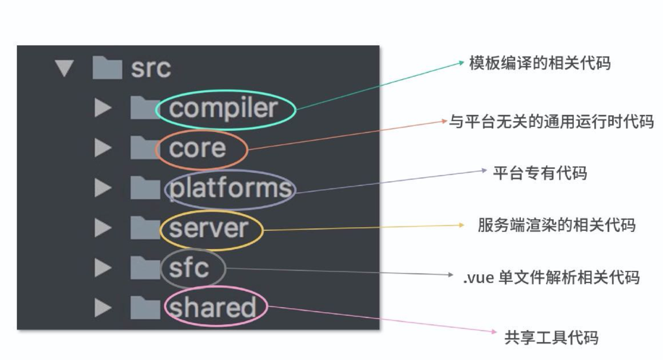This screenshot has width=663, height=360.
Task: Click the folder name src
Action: [x=151, y=68]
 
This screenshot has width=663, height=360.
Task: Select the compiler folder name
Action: [x=224, y=108]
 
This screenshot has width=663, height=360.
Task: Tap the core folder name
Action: [x=197, y=149]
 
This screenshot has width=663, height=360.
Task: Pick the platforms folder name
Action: [x=230, y=188]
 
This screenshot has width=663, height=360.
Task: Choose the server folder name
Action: [x=208, y=229]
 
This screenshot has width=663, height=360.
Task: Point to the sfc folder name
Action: [x=189, y=268]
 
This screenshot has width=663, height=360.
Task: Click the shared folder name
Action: [x=212, y=308]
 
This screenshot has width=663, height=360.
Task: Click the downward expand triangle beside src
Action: [x=64, y=68]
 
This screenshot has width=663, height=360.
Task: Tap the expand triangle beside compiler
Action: [x=102, y=108]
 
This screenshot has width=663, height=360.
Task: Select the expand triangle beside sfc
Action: [x=102, y=268]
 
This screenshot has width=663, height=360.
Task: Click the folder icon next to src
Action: [x=107, y=68]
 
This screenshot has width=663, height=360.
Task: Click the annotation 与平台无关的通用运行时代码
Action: [x=551, y=121]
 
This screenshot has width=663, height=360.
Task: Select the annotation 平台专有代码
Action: [x=540, y=173]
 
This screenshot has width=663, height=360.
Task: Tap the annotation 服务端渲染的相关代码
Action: [x=556, y=225]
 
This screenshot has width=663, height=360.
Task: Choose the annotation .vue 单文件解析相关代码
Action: [x=551, y=277]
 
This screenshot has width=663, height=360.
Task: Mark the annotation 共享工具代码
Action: [x=551, y=337]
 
